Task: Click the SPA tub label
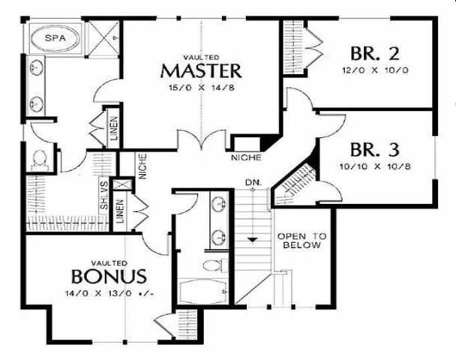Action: click(55, 37)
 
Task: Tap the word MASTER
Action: click(201, 71)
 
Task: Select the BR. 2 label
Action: click(375, 53)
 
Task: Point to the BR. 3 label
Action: click(375, 149)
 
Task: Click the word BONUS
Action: click(109, 276)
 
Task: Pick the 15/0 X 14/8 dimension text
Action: click(202, 88)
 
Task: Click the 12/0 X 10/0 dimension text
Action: click(375, 70)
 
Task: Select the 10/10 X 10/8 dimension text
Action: click(375, 166)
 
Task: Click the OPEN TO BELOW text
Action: click(301, 241)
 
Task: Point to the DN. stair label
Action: click(253, 182)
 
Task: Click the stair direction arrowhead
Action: click(253, 240)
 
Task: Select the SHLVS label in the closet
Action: click(103, 195)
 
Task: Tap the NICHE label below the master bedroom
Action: click(246, 157)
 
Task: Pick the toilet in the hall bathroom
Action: click(214, 265)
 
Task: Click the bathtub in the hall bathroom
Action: click(202, 291)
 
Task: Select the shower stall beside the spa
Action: click(103, 37)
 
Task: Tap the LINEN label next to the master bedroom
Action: click(114, 128)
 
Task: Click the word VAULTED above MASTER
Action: click(201, 57)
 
